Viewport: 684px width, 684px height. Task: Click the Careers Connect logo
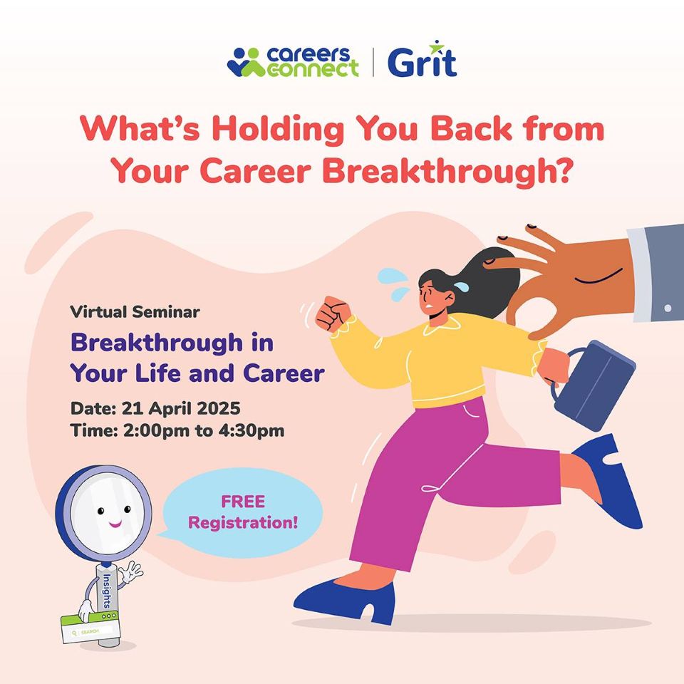tap(293, 62)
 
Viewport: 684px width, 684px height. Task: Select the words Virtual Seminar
tap(135, 312)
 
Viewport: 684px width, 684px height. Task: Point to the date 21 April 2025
tap(181, 408)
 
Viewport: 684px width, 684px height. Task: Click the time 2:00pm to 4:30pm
tap(204, 430)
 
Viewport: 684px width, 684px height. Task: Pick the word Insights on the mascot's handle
tap(106, 591)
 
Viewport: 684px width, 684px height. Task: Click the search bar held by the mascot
tap(90, 628)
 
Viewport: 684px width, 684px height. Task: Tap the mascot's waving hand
tap(131, 572)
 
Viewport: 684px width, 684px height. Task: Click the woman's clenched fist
tap(333, 314)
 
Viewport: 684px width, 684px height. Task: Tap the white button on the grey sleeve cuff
tap(668, 309)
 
